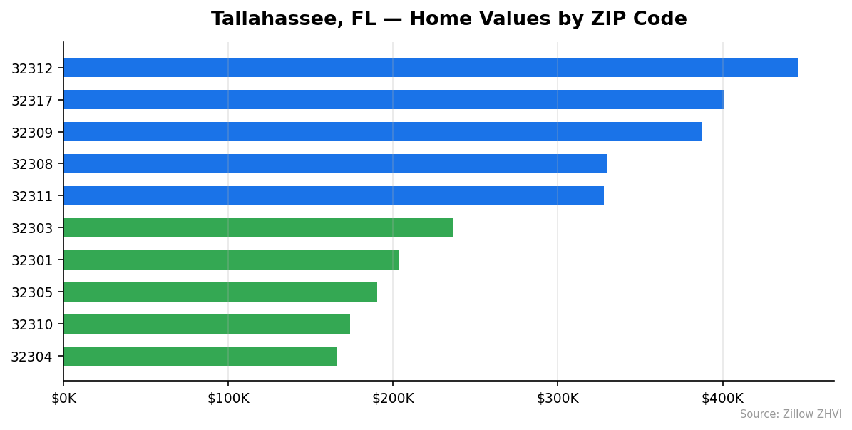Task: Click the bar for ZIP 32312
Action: point(430,68)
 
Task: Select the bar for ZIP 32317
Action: point(393,100)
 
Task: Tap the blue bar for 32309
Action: point(382,132)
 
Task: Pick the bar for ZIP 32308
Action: point(335,164)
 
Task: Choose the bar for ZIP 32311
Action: point(334,196)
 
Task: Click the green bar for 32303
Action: point(258,228)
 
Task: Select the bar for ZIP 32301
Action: point(231,260)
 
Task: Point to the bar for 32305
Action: point(220,292)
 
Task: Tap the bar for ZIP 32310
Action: point(207,324)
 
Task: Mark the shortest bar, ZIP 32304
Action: point(200,357)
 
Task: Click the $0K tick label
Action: point(63,398)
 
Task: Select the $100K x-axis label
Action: point(228,398)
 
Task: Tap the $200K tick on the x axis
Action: point(393,398)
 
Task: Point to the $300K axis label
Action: point(558,398)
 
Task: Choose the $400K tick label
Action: point(722,398)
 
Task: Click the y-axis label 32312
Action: point(31,68)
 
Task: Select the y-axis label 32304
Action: point(31,357)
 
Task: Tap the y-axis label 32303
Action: point(31,229)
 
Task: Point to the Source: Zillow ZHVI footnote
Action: point(790,414)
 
